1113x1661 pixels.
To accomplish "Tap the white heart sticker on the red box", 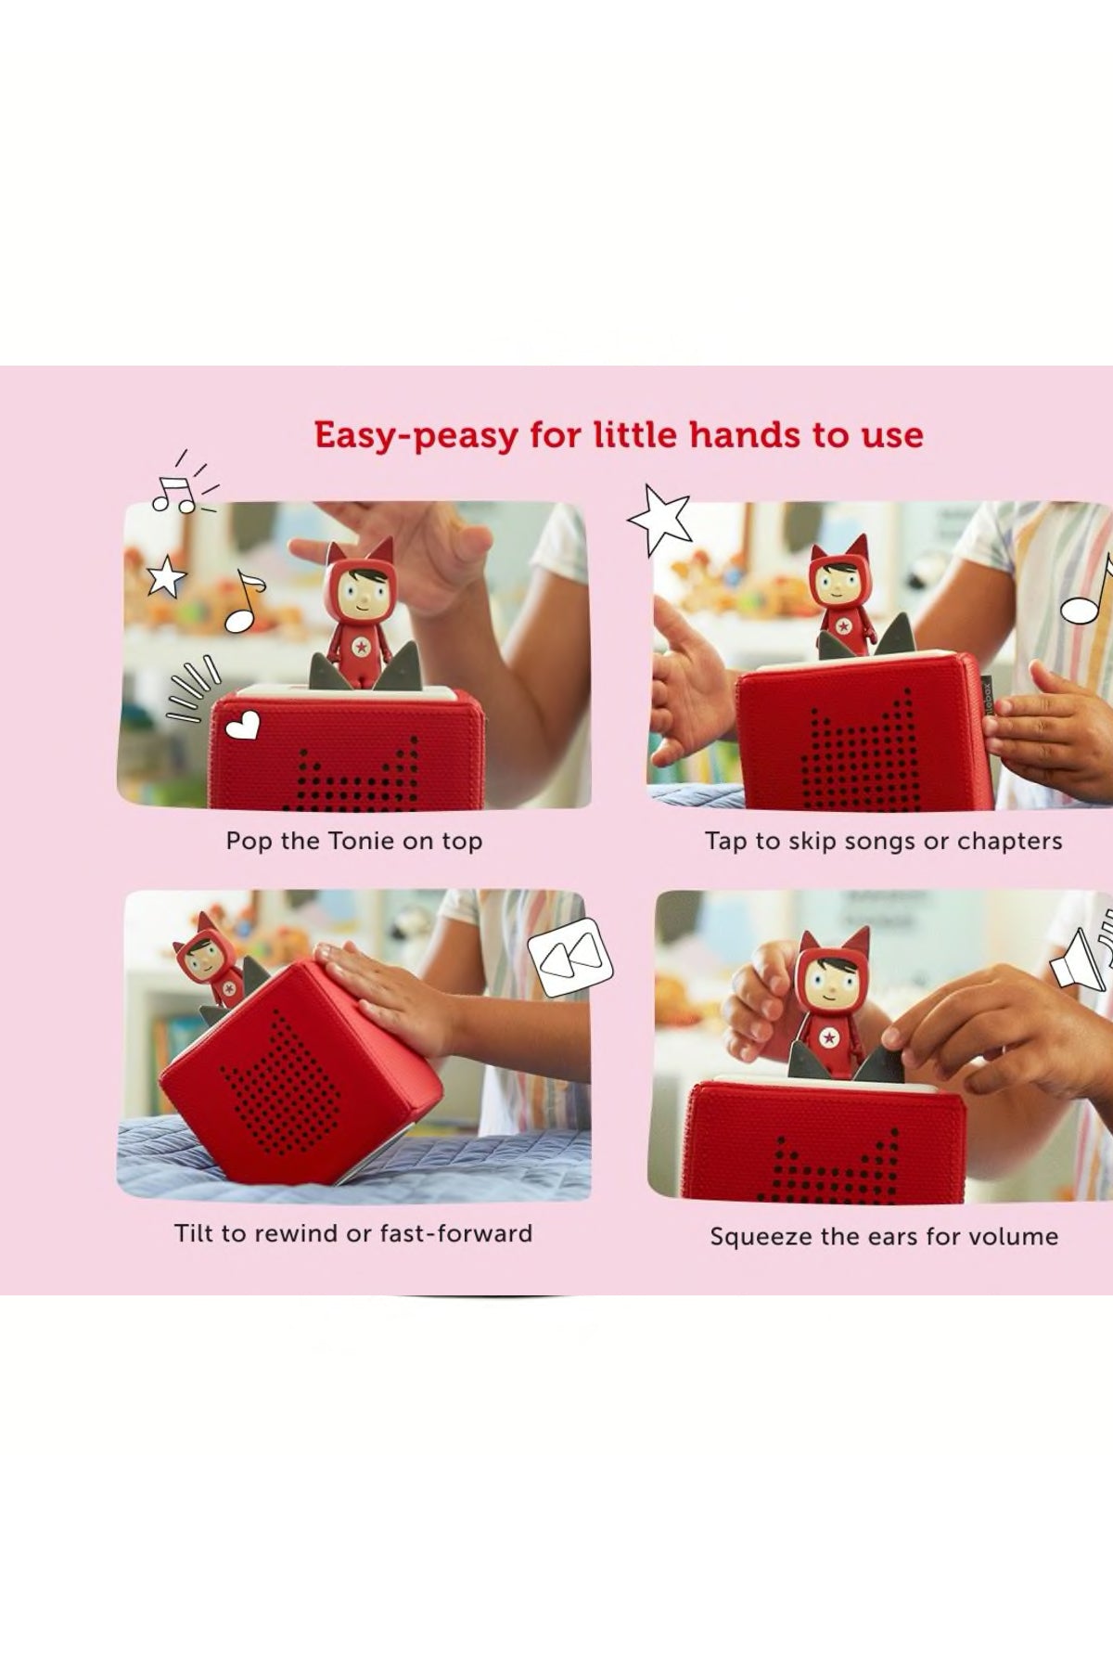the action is point(243,727).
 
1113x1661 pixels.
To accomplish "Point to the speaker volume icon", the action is point(1081,951).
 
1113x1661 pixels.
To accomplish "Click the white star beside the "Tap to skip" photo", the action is point(660,521).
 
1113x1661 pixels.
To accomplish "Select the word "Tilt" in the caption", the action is point(193,1233).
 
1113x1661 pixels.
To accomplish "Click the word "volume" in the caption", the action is point(1017,1236).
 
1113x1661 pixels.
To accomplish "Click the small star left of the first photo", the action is point(166,576).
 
